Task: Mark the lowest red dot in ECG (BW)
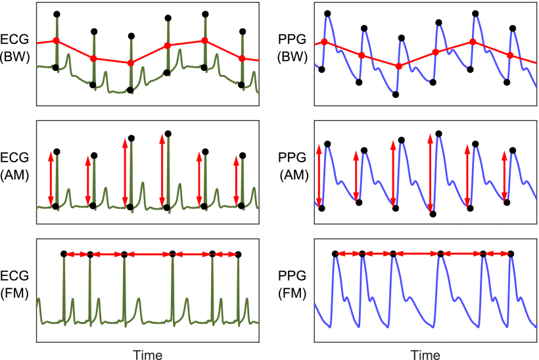[x=130, y=63]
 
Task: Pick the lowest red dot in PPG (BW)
[x=398, y=66]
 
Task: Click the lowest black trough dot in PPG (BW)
[x=396, y=95]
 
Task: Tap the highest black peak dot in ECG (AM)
[x=168, y=133]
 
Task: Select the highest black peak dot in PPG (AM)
[x=438, y=133]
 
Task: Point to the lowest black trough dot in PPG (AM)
[x=433, y=214]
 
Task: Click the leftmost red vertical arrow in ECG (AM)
[x=51, y=179]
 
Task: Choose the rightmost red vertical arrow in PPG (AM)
[x=504, y=176]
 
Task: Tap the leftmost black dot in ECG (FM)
[x=64, y=254]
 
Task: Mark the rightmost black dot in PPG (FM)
[x=511, y=254]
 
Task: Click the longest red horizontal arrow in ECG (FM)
[x=148, y=254]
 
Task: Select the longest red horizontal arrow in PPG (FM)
[x=417, y=254]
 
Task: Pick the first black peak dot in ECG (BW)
[x=57, y=14]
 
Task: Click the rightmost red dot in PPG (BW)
[x=511, y=56]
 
